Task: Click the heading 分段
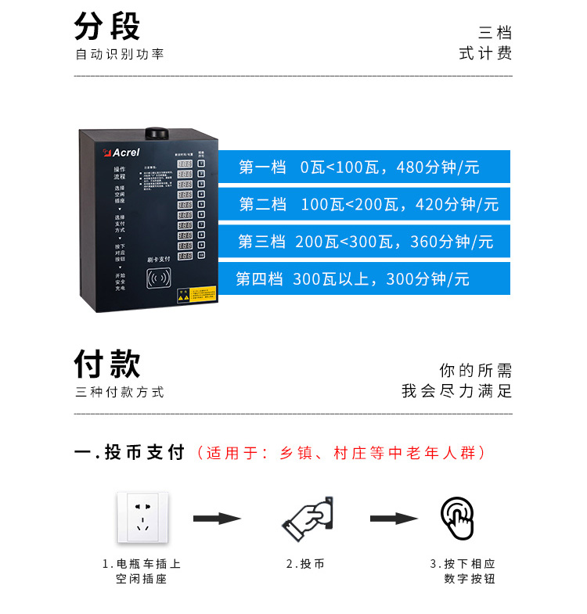point(107,26)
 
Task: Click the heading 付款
point(107,364)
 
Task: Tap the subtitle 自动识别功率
point(120,55)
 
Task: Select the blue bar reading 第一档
point(363,167)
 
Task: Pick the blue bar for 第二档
point(363,204)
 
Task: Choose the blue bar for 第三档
point(363,242)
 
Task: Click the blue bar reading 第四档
point(363,278)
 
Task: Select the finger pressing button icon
point(458,518)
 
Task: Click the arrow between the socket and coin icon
point(217,518)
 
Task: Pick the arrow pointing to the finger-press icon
point(393,518)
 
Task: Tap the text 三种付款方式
point(120,393)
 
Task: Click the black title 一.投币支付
point(129,453)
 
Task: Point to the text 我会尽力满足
point(457,391)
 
